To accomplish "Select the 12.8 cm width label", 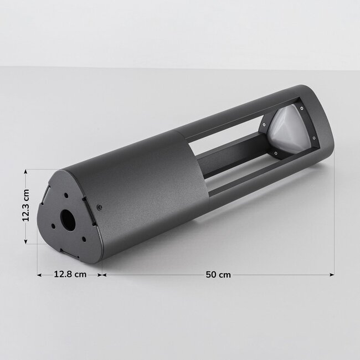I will [70, 274].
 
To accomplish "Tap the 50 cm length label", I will [218, 274].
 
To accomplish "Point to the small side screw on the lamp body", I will [100, 207].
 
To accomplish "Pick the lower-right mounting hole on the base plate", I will [83, 239].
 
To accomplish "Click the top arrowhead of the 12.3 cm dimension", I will [25, 172].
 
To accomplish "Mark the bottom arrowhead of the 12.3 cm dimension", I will [25, 241].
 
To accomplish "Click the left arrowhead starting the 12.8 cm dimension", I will [39, 274].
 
